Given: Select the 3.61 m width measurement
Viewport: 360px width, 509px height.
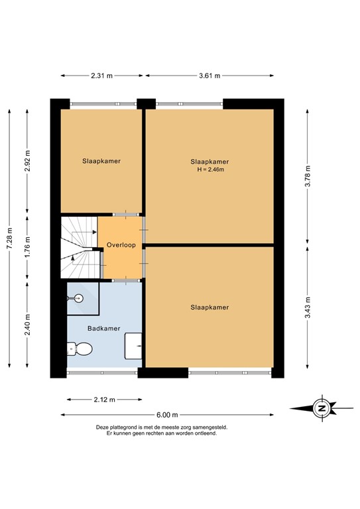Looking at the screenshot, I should click(210, 76).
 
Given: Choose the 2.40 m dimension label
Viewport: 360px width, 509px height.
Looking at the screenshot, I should click(27, 324).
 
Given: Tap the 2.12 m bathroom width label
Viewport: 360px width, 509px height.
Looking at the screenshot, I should click(104, 400).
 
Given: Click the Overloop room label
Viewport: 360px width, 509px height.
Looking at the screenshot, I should click(121, 245).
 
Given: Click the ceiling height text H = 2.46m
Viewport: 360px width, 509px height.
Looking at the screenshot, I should click(210, 170).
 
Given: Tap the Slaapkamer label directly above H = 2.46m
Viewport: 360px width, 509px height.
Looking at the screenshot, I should click(210, 161).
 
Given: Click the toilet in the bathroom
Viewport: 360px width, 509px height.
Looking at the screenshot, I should click(80, 348).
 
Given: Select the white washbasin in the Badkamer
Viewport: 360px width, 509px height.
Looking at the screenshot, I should click(135, 343).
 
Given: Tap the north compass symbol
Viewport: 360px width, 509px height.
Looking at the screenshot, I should click(322, 408).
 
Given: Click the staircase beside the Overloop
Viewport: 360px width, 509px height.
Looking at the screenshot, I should click(78, 248).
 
